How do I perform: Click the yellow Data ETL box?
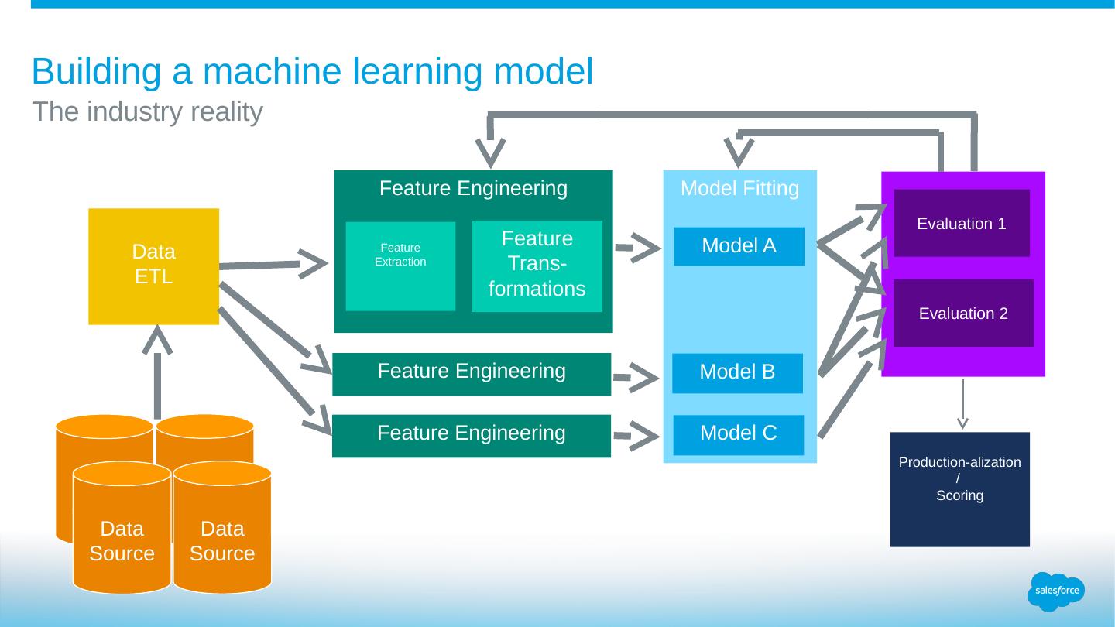point(153,266)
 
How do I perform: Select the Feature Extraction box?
point(400,266)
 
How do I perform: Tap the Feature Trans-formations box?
point(537,266)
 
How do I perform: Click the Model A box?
point(739,246)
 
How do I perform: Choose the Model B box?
point(737,372)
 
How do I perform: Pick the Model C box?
point(738,434)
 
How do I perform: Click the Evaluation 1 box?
point(961,223)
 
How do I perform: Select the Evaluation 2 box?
point(963,313)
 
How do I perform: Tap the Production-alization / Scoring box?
point(959,488)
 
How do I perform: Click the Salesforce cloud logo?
point(1055,591)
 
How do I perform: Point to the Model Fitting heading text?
point(739,189)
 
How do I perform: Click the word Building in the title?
point(97,71)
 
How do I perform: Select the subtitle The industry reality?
point(148,112)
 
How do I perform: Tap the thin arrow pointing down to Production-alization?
point(962,403)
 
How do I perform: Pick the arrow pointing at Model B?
point(637,377)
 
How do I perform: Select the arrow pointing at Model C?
point(637,436)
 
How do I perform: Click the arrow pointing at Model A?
point(639,248)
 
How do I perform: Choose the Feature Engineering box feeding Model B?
point(471,374)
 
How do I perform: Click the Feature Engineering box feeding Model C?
point(471,436)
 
